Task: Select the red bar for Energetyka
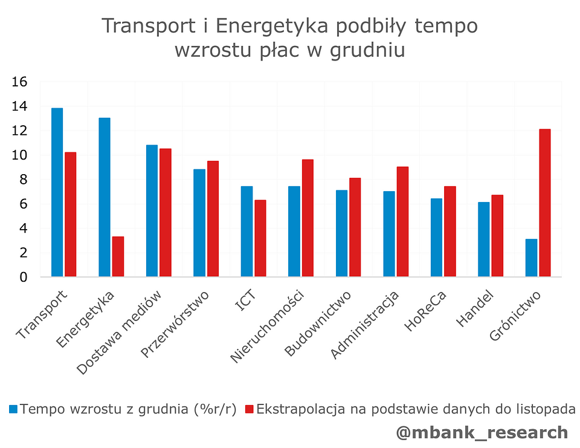pos(118,256)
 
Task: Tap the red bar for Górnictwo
pos(544,203)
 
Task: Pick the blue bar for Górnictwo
pos(531,258)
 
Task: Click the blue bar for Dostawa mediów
pos(152,211)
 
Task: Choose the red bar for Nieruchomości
pos(308,218)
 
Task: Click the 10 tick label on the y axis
pos(19,155)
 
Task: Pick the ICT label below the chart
pos(246,300)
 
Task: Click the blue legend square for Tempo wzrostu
pos(13,409)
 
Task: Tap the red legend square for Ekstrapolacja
pos(249,409)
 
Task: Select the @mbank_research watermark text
pos(482,432)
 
